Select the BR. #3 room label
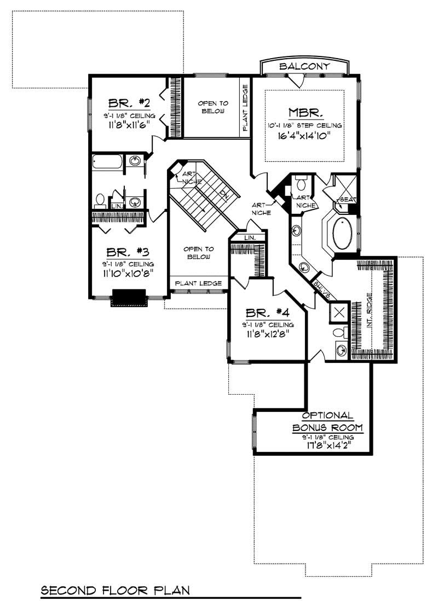coord(128,252)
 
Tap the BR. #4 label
coord(267,313)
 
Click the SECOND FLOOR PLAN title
coord(116,591)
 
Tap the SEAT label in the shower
coord(347,199)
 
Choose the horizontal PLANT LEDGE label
coord(198,283)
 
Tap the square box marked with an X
coord(339,312)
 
